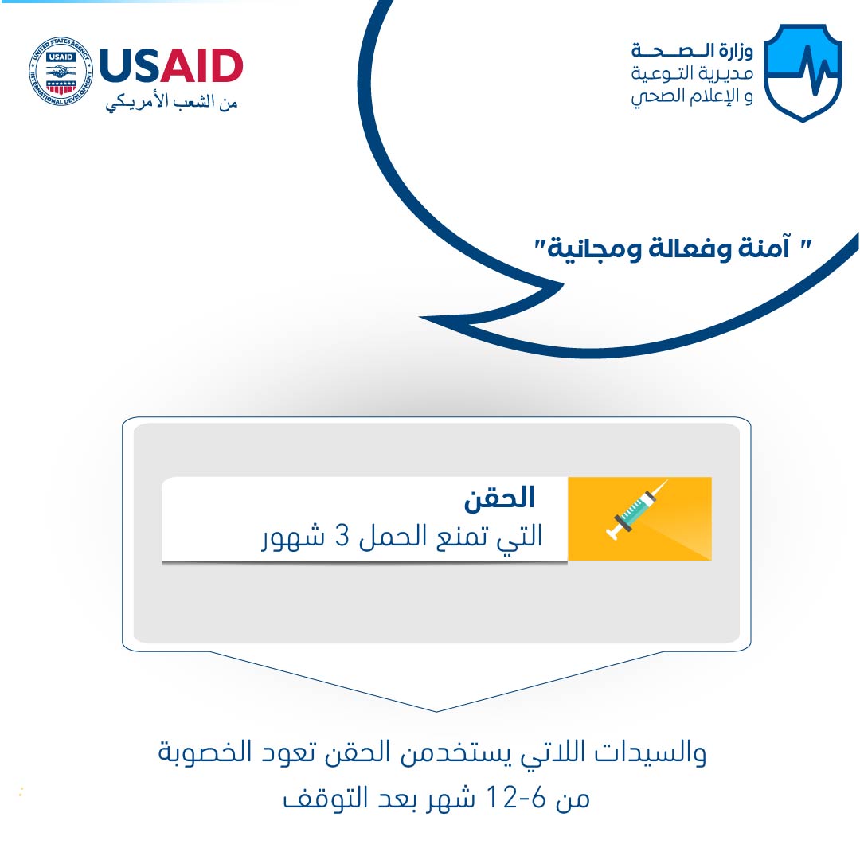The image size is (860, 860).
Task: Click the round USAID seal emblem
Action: pos(61,72)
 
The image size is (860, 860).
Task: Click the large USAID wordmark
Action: pos(171,66)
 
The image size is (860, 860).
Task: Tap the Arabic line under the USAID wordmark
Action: pos(171,102)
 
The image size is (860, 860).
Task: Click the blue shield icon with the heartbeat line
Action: pos(803,72)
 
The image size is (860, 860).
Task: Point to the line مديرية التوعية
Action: pos(692,73)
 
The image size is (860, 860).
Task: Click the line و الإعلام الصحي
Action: pos(692,96)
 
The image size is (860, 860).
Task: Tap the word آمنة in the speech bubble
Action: pos(764,248)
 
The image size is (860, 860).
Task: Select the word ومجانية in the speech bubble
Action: pos(594,249)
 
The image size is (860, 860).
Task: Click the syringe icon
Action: pos(637,510)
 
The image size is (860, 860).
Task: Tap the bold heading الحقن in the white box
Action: pos(499,498)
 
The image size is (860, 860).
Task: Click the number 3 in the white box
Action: pos(342,536)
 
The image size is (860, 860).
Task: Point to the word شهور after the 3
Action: pos(293,537)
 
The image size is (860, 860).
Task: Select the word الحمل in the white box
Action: pos(393,535)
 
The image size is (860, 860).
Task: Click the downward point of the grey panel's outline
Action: pos(436,711)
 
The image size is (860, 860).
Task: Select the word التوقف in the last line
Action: pos(325,798)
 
